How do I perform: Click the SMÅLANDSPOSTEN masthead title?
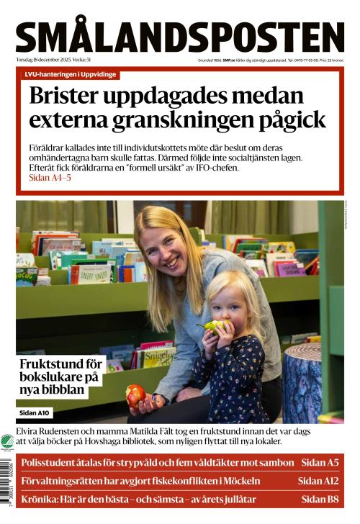(180, 37)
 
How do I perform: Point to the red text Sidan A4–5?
(50, 177)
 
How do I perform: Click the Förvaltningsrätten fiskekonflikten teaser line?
(141, 481)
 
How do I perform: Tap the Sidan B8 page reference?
(320, 499)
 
